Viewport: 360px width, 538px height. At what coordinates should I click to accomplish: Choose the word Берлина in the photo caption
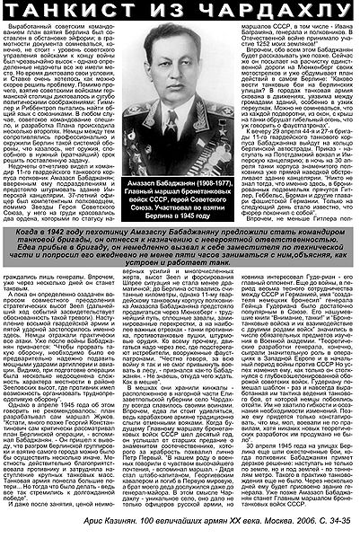click(149, 216)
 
